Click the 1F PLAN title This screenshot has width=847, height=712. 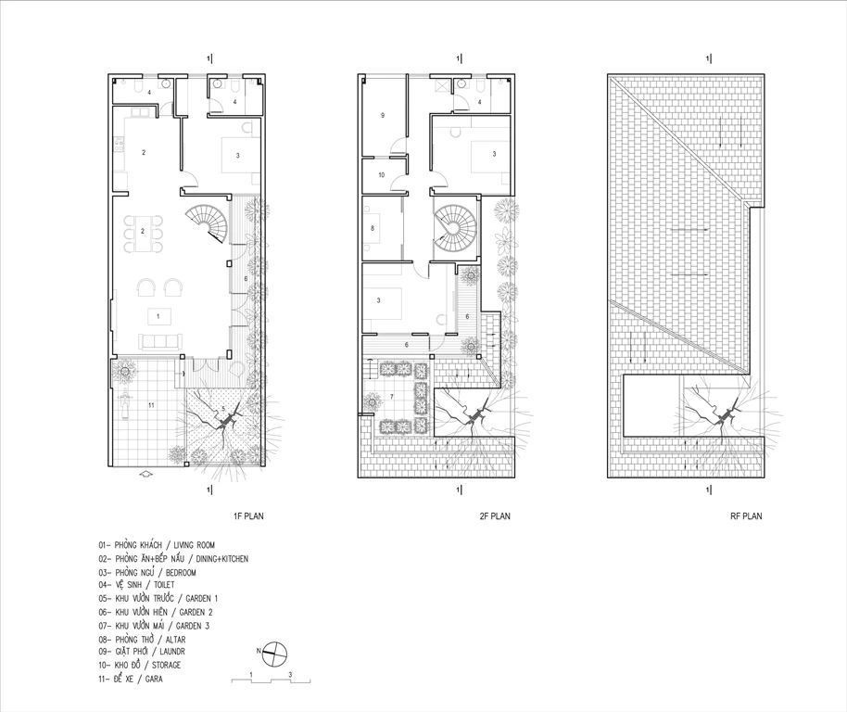(248, 515)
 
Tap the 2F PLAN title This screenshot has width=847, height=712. (495, 515)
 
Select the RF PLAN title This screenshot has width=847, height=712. (746, 515)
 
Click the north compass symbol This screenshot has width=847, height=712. (274, 653)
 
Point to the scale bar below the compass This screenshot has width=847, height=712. (272, 678)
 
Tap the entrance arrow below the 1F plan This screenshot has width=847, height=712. (145, 475)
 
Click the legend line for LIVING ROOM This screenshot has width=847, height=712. (157, 545)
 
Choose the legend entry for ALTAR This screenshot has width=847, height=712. (142, 640)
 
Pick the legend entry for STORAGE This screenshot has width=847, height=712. (139, 665)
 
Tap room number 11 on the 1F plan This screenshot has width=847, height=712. (151, 404)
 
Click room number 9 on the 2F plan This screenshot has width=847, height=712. (383, 115)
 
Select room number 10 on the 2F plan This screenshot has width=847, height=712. (382, 175)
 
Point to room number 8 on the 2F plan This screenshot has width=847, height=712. (373, 228)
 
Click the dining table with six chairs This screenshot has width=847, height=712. (143, 234)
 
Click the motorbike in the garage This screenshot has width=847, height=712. (124, 403)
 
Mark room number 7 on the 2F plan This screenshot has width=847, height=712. (392, 397)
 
